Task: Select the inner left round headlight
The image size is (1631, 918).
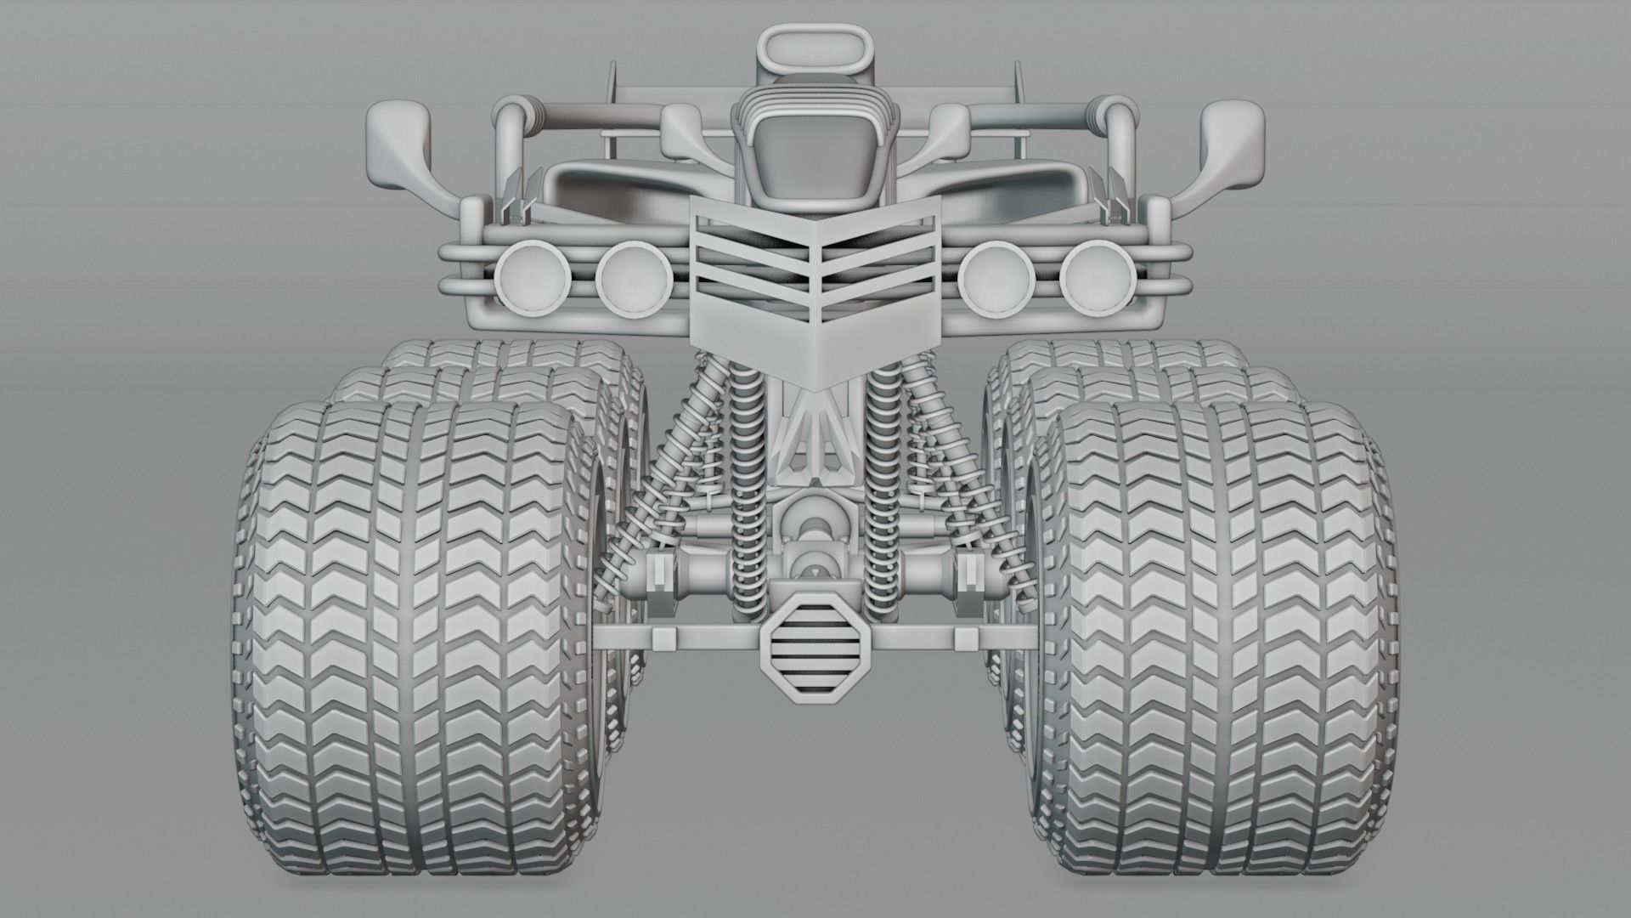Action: [630, 277]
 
